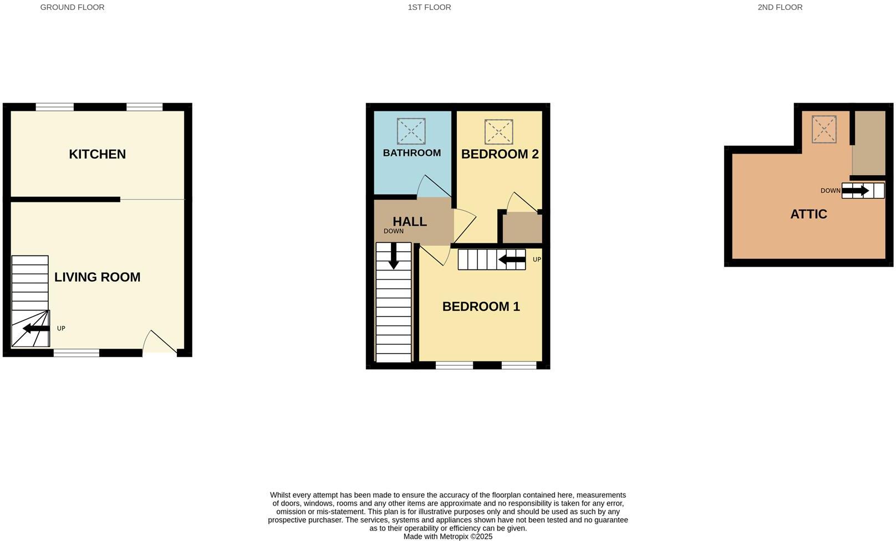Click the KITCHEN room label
tap(97, 154)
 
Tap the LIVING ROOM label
tap(97, 277)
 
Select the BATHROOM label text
tap(411, 153)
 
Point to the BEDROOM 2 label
tap(500, 154)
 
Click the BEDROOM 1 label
tap(481, 307)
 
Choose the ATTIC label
tap(808, 214)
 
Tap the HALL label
tap(410, 222)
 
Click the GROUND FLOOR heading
tap(72, 7)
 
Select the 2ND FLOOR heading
tap(780, 7)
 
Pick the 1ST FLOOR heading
tap(429, 7)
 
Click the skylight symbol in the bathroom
tap(411, 131)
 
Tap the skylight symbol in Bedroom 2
tap(498, 132)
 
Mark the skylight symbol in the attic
tap(824, 129)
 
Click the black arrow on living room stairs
tap(36, 329)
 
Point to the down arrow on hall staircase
tap(394, 256)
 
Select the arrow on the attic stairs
tap(856, 191)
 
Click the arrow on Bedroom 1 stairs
tap(512, 259)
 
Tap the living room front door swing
tap(159, 343)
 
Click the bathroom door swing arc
tap(434, 187)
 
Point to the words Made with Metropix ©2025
tap(447, 537)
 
